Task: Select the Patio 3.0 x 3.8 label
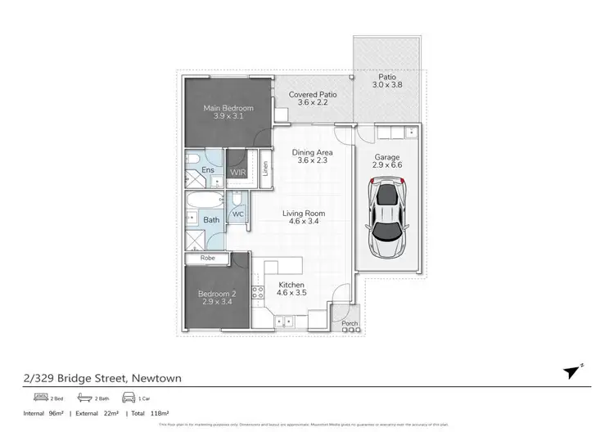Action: pyautogui.click(x=388, y=81)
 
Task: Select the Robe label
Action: pyautogui.click(x=207, y=258)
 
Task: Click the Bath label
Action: pyautogui.click(x=211, y=220)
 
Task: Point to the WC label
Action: pyautogui.click(x=238, y=214)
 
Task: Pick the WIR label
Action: pyautogui.click(x=238, y=173)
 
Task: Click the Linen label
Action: pyautogui.click(x=265, y=168)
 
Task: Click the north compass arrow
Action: pyautogui.click(x=571, y=373)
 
